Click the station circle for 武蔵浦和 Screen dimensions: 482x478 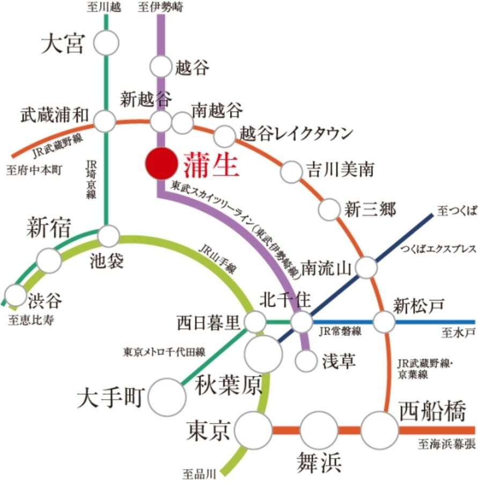click(x=105, y=122)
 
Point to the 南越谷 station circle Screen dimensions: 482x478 click(x=182, y=123)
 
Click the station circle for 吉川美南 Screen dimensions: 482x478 click(x=292, y=171)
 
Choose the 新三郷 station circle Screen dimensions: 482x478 click(x=329, y=209)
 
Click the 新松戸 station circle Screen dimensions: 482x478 click(x=384, y=322)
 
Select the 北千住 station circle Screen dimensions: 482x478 click(x=301, y=322)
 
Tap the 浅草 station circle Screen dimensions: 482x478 click(x=307, y=360)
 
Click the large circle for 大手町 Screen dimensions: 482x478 click(x=166, y=397)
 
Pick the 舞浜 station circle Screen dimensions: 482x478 click(x=318, y=430)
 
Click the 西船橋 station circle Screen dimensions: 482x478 click(x=380, y=430)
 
